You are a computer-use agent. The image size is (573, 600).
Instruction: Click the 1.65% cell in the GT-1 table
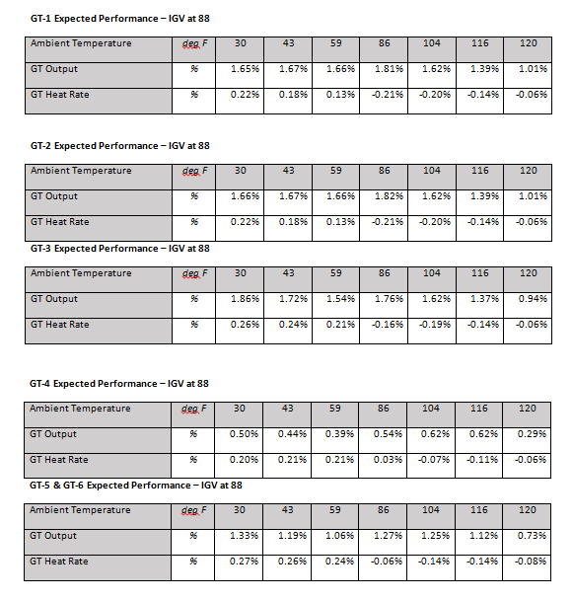(x=245, y=69)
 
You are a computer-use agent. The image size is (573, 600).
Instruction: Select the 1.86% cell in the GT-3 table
(x=245, y=299)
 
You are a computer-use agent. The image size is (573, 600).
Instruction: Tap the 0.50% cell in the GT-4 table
(x=245, y=434)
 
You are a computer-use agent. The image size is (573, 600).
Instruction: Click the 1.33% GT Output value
(x=245, y=536)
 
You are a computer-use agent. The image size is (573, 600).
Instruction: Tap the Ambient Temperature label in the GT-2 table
(x=81, y=171)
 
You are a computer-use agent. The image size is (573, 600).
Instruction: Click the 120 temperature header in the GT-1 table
(x=528, y=43)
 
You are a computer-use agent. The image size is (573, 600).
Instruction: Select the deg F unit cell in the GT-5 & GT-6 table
(x=194, y=510)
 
